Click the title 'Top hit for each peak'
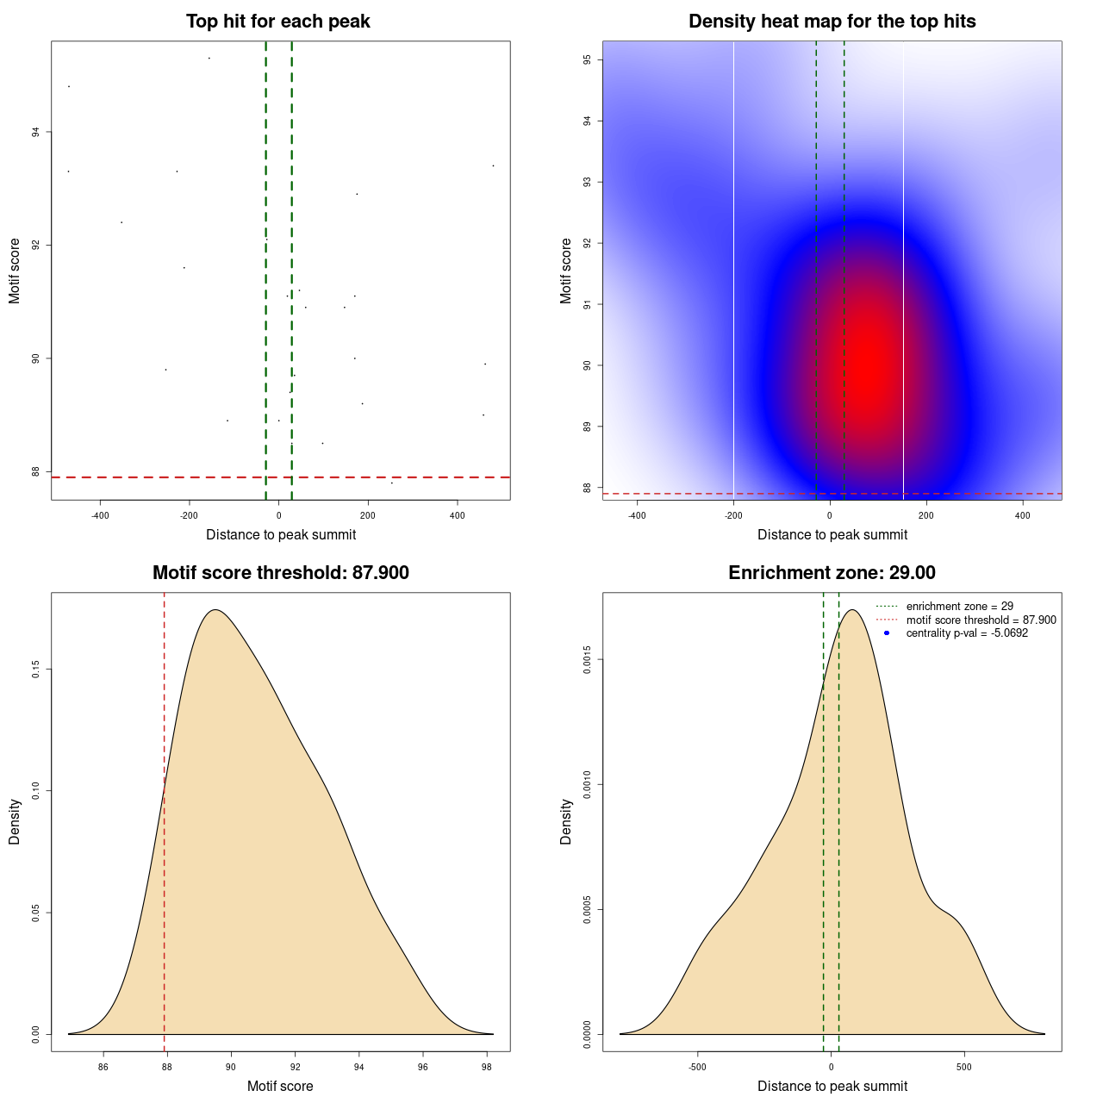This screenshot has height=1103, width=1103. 278,22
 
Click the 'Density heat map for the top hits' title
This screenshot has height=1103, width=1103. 832,22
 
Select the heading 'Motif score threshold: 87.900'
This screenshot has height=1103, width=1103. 281,573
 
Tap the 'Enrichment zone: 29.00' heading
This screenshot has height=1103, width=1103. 832,573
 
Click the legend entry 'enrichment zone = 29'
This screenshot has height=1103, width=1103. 959,607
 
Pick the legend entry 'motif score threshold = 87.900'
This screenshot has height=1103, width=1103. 981,620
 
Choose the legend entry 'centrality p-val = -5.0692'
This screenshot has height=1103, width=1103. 967,633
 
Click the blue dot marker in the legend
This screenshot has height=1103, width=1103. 887,633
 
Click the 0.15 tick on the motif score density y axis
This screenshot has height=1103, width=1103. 35,670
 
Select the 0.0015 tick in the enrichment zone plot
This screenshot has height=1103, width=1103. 587,660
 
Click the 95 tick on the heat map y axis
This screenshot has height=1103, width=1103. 587,59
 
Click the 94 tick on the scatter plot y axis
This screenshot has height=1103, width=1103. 35,132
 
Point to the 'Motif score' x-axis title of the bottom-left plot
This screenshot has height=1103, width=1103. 280,1087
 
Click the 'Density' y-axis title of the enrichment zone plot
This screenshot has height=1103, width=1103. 566,821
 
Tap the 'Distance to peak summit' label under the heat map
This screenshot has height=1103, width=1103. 832,535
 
